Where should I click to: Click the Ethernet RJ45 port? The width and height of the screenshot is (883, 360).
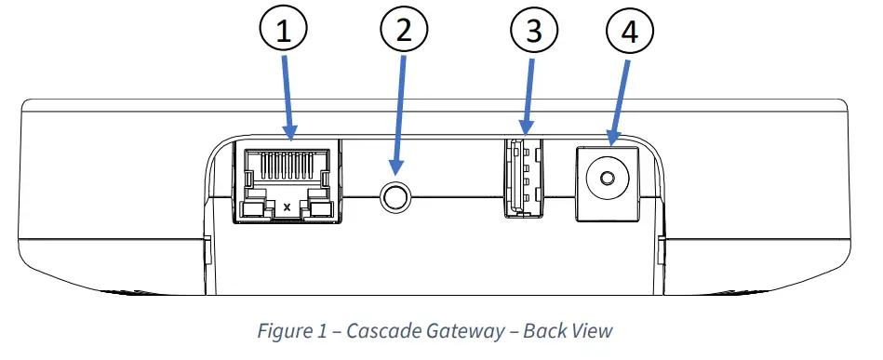pyautogui.click(x=287, y=182)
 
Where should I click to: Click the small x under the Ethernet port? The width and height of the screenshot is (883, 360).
pyautogui.click(x=287, y=206)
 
